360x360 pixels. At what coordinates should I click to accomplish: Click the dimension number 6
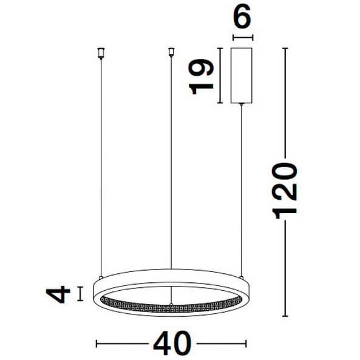242,18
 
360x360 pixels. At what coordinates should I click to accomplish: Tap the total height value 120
285,191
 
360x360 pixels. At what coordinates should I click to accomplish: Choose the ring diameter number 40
171,345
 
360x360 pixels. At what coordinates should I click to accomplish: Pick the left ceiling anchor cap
100,53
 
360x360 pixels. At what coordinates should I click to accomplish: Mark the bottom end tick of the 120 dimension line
285,316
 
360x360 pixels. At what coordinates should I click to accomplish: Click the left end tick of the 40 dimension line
97,344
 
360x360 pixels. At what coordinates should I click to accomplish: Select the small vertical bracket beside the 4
80,294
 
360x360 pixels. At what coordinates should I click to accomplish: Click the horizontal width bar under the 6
242,37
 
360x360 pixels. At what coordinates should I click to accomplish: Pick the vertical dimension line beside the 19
220,76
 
